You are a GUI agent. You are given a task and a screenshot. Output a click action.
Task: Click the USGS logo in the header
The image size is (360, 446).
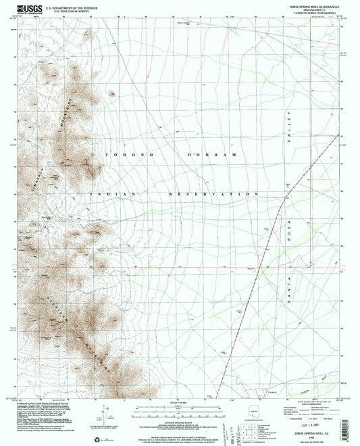(24, 8)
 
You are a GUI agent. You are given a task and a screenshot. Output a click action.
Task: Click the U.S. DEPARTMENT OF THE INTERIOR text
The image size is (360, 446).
(55, 5)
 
